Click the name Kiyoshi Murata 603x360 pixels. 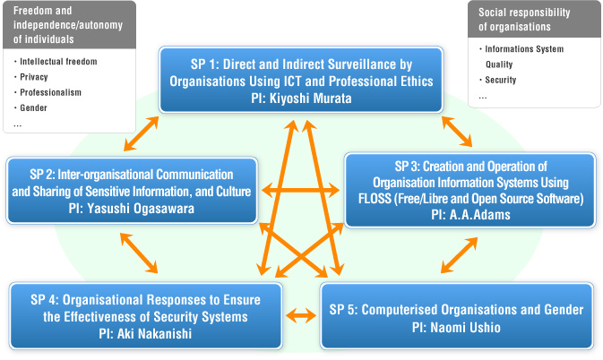point(310,99)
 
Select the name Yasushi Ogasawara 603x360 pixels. point(141,209)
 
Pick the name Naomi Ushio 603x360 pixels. point(465,328)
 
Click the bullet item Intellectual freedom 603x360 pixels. point(58,62)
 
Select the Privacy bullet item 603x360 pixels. point(34,77)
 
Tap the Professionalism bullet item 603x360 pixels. point(51,92)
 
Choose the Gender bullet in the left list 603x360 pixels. point(33,108)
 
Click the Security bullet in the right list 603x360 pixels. point(500,80)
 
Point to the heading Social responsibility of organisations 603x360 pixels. point(524,20)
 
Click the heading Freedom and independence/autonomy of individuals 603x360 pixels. point(68,25)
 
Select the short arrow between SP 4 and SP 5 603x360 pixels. point(301,316)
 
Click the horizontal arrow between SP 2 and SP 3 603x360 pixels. point(300,190)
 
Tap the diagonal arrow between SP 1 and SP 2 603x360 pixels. point(142,133)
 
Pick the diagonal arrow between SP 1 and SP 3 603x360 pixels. point(457,132)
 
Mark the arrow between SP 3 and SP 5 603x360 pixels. point(459,255)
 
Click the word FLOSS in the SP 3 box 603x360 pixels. point(375,199)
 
